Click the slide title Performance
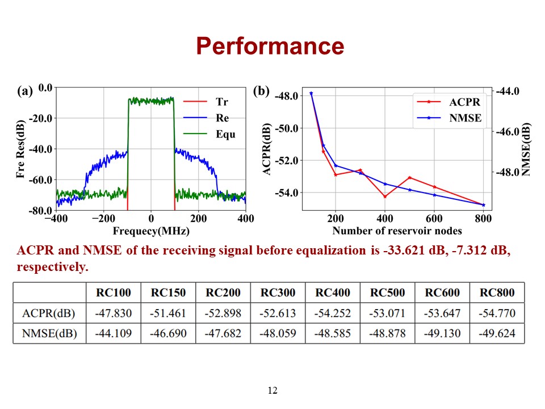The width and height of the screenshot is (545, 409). (x=270, y=46)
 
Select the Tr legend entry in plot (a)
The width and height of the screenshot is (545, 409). (x=222, y=102)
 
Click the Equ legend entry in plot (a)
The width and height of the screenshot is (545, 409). (x=225, y=135)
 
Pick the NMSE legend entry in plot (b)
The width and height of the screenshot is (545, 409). (x=465, y=118)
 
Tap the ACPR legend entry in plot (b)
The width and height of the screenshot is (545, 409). (x=465, y=102)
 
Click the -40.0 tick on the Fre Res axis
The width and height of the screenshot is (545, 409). (x=42, y=149)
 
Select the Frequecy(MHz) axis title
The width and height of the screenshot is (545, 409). (x=151, y=231)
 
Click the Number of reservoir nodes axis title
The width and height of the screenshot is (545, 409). (x=397, y=231)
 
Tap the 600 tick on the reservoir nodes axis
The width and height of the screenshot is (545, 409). (x=434, y=219)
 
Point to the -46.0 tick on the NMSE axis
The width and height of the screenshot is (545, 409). (x=508, y=132)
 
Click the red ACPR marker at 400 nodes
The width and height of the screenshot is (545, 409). (x=385, y=197)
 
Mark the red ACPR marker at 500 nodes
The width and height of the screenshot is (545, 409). (x=409, y=178)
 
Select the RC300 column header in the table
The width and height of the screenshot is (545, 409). (x=278, y=293)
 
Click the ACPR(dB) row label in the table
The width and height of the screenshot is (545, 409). (x=49, y=313)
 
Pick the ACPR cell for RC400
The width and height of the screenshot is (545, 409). (x=332, y=313)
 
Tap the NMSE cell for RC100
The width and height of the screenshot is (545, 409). (x=113, y=333)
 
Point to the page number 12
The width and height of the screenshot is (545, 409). (x=272, y=390)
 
